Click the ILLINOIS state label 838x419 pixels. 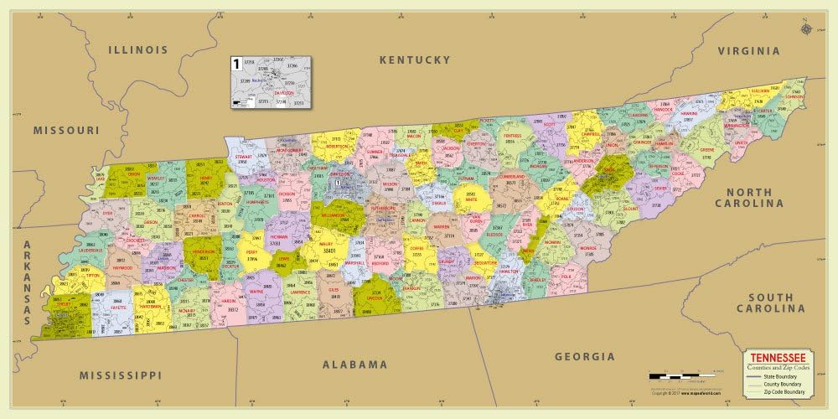[x=138, y=50]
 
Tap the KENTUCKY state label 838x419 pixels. [x=415, y=60]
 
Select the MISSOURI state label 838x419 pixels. [x=66, y=131]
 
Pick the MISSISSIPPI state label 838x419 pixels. [x=119, y=375]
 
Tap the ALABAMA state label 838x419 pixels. [x=355, y=365]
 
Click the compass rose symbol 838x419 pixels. [x=806, y=29]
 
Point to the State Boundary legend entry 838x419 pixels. [x=773, y=376]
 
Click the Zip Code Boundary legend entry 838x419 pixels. [x=776, y=391]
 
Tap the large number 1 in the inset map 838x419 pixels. [x=236, y=64]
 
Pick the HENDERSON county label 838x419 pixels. [x=204, y=251]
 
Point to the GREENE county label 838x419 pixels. [x=707, y=151]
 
